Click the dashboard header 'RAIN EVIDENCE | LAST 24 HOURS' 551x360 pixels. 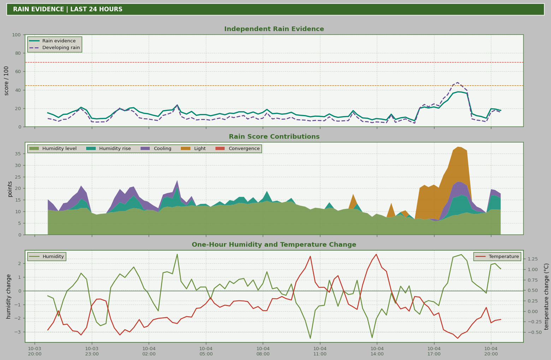(x=68, y=9)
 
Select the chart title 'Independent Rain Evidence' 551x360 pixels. (x=274, y=29)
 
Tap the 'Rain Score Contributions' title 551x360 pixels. (x=274, y=137)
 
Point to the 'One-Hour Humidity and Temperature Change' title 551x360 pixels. (x=274, y=245)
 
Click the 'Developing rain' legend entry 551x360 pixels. (x=54, y=48)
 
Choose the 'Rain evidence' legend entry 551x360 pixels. (x=52, y=41)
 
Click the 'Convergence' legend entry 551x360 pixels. (x=238, y=149)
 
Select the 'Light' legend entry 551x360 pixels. (x=193, y=149)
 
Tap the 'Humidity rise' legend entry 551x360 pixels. (x=109, y=149)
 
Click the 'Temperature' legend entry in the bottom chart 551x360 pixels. (x=497, y=257)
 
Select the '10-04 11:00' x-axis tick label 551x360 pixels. (x=320, y=351)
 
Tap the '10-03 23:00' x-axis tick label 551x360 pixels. (x=92, y=351)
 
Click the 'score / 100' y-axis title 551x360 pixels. (x=6, y=81)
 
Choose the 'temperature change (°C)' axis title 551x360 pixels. (x=546, y=296)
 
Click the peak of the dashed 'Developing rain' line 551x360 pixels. (x=457, y=83)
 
